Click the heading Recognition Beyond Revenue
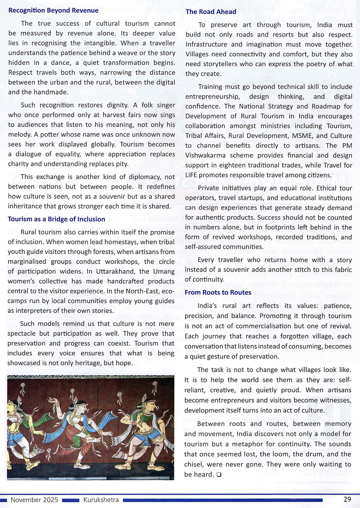pos(53,10)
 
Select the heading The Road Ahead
pos(211,12)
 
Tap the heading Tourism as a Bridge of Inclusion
pos(57,219)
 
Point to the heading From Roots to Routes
pos(218,292)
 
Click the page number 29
pos(347,499)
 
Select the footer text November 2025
pos(34,500)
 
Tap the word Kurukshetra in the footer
pos(101,500)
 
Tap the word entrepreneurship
pos(212,96)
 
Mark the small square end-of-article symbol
pos(219,475)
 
